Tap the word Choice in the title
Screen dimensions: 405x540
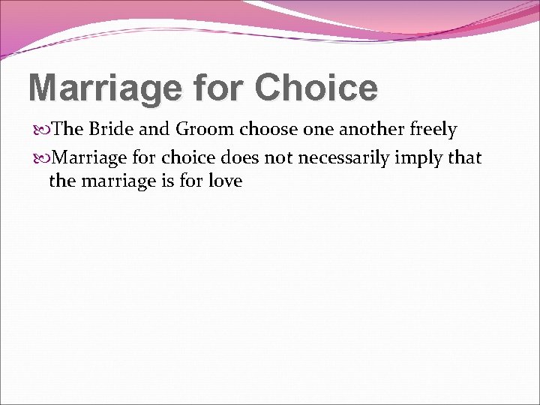click(316, 88)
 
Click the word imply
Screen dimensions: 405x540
click(431, 158)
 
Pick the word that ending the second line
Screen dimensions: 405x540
click(466, 157)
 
